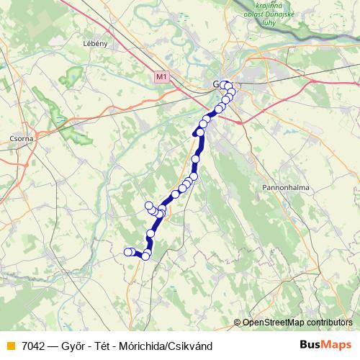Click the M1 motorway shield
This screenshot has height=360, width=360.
(x=161, y=75)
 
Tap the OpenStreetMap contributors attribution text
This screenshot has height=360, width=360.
(x=297, y=323)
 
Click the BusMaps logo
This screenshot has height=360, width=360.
(x=325, y=346)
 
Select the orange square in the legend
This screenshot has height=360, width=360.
(x=9, y=346)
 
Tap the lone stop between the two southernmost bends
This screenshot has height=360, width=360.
(x=151, y=233)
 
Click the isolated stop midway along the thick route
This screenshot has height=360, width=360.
(x=195, y=158)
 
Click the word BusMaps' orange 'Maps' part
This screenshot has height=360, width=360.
(x=338, y=346)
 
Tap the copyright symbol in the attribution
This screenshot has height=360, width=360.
(x=238, y=323)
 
